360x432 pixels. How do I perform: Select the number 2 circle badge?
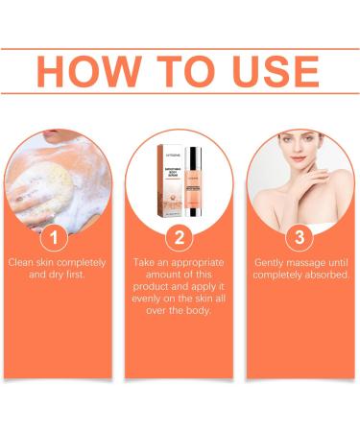179,235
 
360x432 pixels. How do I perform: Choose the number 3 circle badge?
300,235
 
